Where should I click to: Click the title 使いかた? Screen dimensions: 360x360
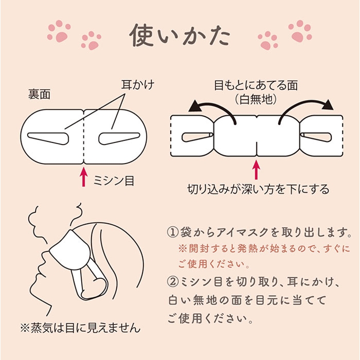tap(180, 36)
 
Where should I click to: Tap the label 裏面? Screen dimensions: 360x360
tap(39, 94)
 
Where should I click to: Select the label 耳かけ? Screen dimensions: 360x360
tap(138, 85)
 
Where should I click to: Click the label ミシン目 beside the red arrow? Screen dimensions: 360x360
tap(114, 180)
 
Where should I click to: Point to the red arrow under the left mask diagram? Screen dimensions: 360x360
tap(84, 177)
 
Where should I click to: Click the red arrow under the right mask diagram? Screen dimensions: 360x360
tap(256, 170)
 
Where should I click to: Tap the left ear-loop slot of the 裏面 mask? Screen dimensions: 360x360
tap(48, 139)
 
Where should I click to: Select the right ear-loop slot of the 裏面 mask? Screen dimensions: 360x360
tap(119, 139)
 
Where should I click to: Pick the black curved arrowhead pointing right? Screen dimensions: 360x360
tap(327, 105)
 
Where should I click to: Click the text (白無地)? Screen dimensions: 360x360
tap(256, 100)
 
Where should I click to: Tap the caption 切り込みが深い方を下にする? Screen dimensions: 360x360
tap(258, 189)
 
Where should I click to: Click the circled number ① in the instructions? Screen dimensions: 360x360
tap(173, 233)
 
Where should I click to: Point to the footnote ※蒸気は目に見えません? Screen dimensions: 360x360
tap(80, 328)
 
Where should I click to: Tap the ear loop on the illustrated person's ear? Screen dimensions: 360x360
tap(89, 283)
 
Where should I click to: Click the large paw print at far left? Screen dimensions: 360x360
tap(59, 31)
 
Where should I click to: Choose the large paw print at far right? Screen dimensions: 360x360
tap(300, 31)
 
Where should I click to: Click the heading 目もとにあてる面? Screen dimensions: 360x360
tap(256, 85)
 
